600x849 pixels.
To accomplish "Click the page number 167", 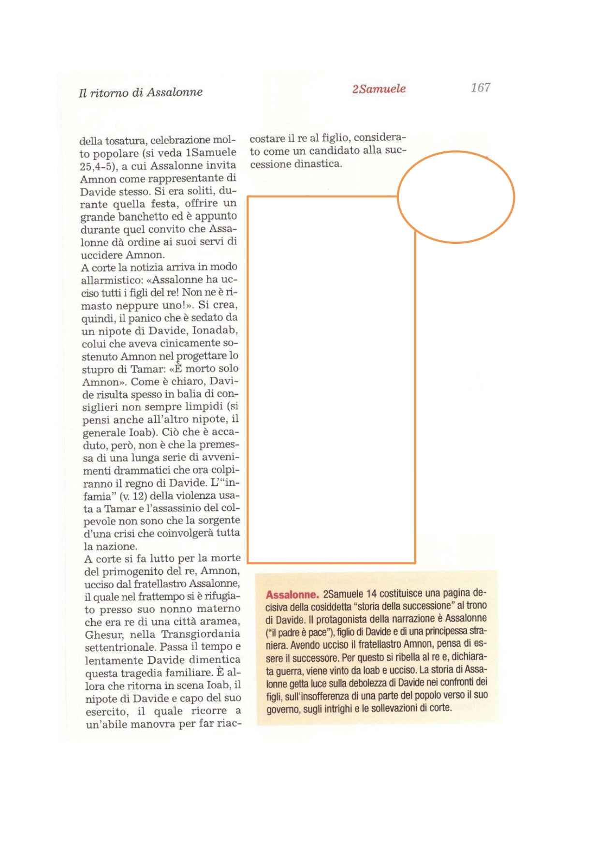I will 480,88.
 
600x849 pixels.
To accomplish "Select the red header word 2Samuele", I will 379,89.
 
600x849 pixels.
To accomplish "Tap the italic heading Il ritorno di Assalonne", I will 140,92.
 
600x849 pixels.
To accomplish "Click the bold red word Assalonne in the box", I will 292,595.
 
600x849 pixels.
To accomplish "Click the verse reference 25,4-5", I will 97,166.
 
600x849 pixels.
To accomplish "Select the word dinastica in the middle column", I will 318,164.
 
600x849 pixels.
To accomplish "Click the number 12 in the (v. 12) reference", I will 140,496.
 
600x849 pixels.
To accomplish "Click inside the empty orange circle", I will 455,197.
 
